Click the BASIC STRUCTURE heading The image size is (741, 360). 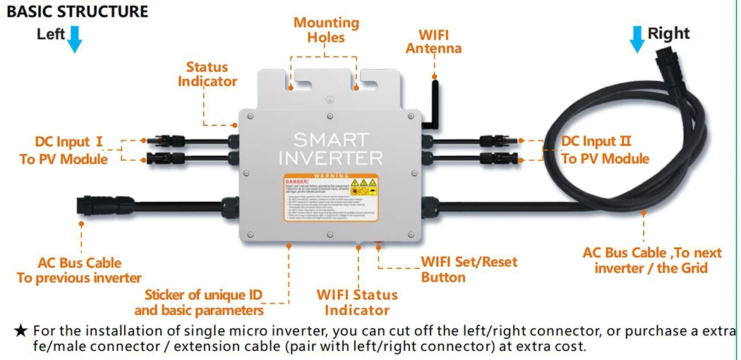78,11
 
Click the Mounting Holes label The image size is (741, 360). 326,30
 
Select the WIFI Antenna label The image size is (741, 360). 433,42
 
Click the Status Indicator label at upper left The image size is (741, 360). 207,74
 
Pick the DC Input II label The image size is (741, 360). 605,150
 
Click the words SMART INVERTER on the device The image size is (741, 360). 330,148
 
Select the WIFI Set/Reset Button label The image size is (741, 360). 469,269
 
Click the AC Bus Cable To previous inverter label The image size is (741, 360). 79,270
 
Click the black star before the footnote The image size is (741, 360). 21,330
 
